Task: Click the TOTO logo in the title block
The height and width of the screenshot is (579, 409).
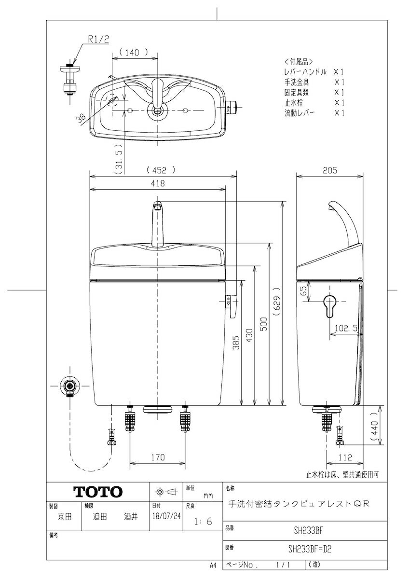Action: (x=97, y=492)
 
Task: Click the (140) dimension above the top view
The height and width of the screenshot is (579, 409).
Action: (x=135, y=53)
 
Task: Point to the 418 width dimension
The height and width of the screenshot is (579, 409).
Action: (x=157, y=183)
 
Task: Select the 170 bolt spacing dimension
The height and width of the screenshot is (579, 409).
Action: (x=157, y=457)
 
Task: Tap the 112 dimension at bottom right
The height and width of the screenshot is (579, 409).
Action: (x=344, y=457)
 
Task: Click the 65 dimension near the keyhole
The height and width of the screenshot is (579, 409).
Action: (x=303, y=290)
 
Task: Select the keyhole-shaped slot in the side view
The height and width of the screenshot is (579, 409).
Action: (x=329, y=305)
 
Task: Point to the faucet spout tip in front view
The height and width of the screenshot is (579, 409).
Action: (x=157, y=206)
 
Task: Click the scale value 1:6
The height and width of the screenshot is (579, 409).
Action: (x=203, y=522)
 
